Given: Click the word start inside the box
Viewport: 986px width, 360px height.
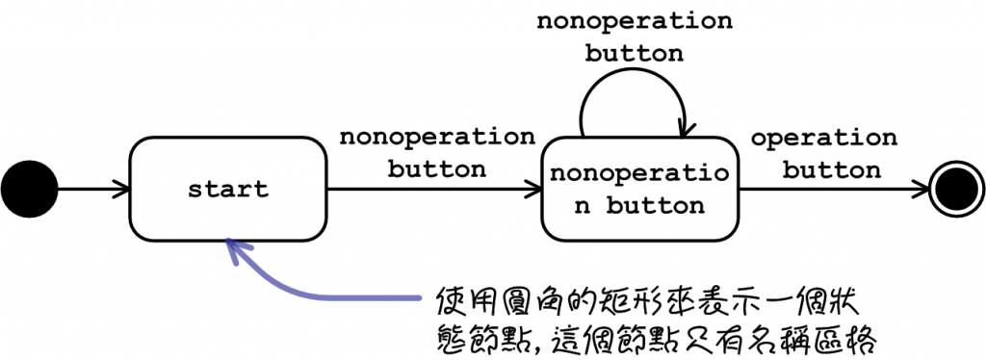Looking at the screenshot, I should pos(228,189).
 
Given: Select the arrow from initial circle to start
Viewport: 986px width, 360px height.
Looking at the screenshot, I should pos(91,189).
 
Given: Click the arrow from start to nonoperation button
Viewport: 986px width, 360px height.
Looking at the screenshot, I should pos(433,189).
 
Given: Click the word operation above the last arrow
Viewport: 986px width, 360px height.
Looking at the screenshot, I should pos(823,139).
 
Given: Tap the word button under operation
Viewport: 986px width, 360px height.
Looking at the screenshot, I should pos(831,171).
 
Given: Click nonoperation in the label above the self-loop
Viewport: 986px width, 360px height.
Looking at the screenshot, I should pos(634,20).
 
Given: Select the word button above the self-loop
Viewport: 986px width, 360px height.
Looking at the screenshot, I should pos(634,53).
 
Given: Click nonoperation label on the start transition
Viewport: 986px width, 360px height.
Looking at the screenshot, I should pos(436,137).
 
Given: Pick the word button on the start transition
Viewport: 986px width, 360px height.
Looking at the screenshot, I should pos(436,169).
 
